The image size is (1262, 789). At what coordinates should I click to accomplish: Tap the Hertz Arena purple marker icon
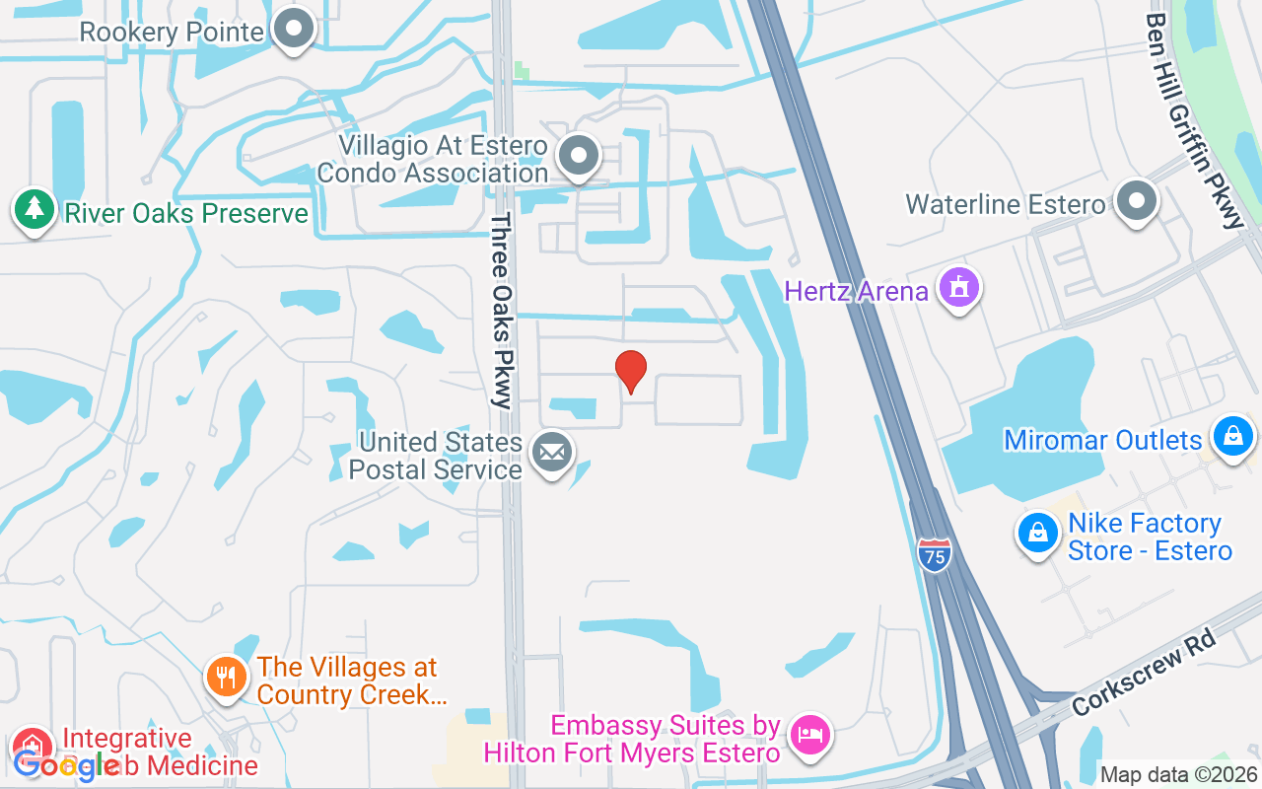[x=957, y=290]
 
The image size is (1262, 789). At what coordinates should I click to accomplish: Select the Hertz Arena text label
[x=856, y=291]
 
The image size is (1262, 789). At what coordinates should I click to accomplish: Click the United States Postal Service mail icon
[x=551, y=454]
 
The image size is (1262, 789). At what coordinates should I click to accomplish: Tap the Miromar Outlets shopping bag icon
[x=1231, y=434]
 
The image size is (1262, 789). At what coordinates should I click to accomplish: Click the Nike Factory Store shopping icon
[x=1037, y=534]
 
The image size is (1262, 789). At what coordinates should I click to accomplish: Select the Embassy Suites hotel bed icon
[x=809, y=735]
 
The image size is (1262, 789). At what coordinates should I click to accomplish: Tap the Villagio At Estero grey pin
[x=578, y=157]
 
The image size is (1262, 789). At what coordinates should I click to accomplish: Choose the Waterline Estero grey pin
[x=1136, y=201]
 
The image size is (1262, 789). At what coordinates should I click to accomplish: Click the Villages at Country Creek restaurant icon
[x=227, y=678]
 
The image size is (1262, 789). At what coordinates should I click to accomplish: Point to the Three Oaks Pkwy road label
[x=503, y=311]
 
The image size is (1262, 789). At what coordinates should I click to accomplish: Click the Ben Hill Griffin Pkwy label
[x=1195, y=118]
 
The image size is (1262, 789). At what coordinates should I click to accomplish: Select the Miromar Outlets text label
[x=1103, y=440]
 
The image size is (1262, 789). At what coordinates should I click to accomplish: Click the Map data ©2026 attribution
[x=1178, y=775]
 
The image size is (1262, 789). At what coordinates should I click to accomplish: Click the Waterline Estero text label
[x=1006, y=205]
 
